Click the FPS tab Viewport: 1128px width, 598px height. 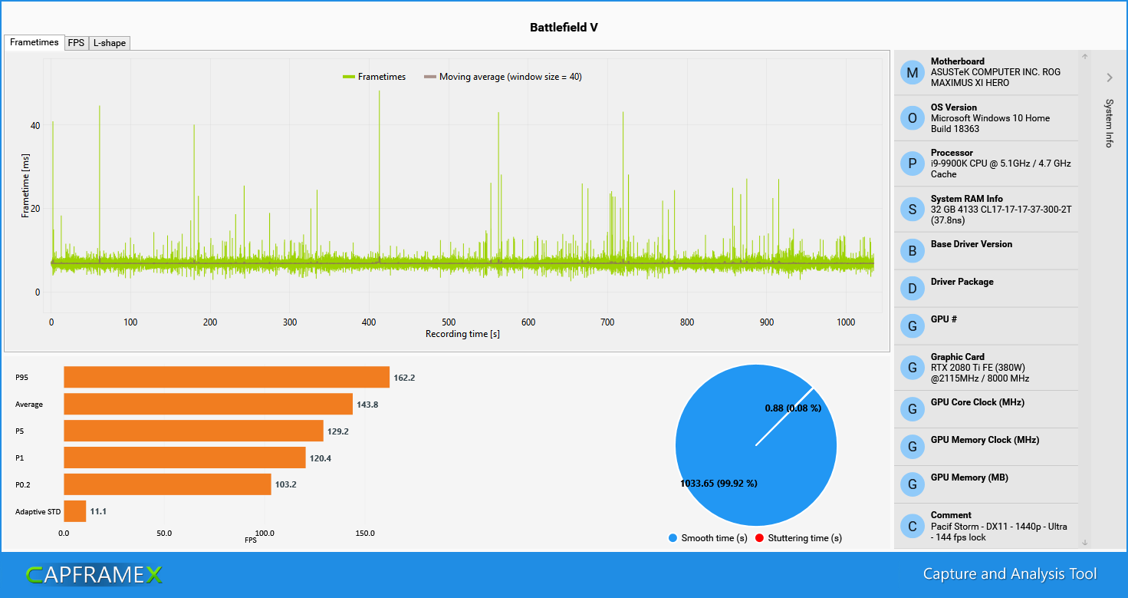tap(76, 43)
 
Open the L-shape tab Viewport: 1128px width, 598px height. tap(110, 43)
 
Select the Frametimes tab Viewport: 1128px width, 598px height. tap(34, 42)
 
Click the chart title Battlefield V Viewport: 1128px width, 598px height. tap(564, 28)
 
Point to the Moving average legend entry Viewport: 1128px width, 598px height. tap(503, 77)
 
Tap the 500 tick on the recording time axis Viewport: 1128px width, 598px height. tap(449, 322)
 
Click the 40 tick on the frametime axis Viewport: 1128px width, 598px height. tap(35, 125)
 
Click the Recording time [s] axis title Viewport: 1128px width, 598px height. tap(462, 334)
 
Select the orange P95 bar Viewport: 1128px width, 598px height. tap(226, 378)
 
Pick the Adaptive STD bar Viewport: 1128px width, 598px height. tap(74, 510)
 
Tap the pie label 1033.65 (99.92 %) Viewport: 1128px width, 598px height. tap(719, 484)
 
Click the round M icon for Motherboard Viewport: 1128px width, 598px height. tap(912, 73)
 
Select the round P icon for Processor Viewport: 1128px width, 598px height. tap(912, 164)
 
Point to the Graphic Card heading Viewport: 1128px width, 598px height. tap(958, 357)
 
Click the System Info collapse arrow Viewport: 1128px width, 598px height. tap(1109, 78)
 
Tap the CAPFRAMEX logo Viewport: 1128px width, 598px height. tap(94, 574)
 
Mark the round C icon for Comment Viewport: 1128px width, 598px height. tap(912, 526)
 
